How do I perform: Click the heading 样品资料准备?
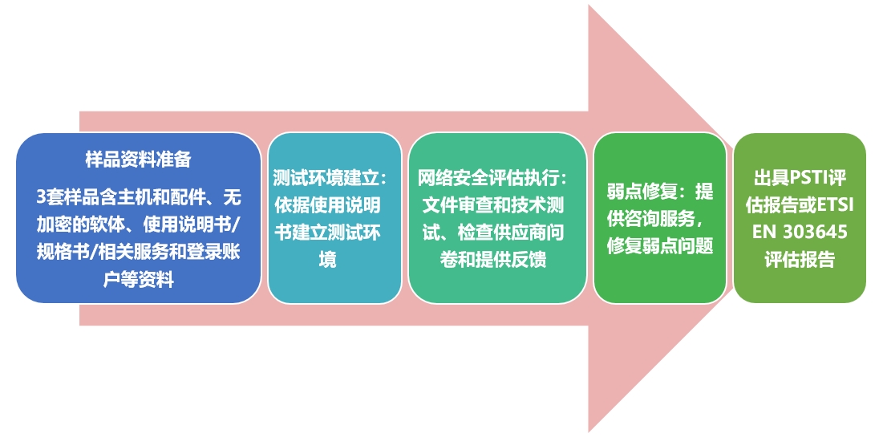[138, 160]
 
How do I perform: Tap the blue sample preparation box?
[138, 241]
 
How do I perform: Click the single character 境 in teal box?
[327, 260]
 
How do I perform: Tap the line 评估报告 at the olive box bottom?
[800, 260]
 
